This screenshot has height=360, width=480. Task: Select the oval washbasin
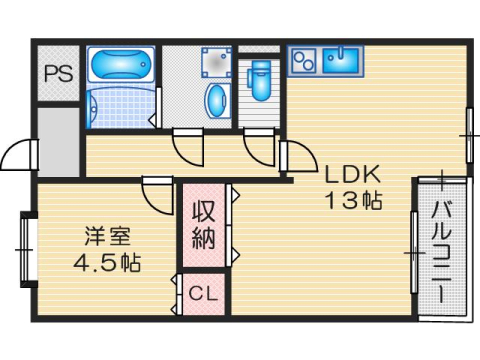[x=216, y=100]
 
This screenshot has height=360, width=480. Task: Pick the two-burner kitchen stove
[x=304, y=61]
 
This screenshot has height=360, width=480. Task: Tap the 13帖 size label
[x=351, y=199]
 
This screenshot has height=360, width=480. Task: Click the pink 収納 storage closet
[x=204, y=227]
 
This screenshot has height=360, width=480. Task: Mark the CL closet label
[x=204, y=295]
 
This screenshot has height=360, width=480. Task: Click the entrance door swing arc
[x=17, y=158]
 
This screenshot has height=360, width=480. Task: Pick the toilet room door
[x=259, y=148]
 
